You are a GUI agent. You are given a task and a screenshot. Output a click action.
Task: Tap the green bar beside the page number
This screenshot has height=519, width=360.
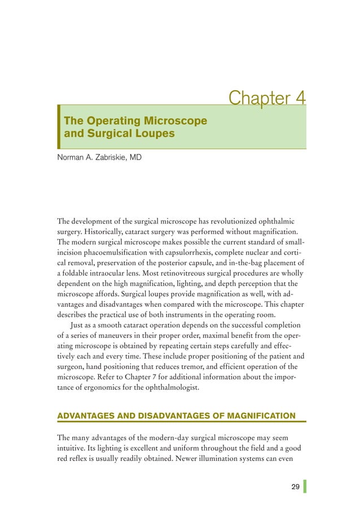point(305,486)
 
